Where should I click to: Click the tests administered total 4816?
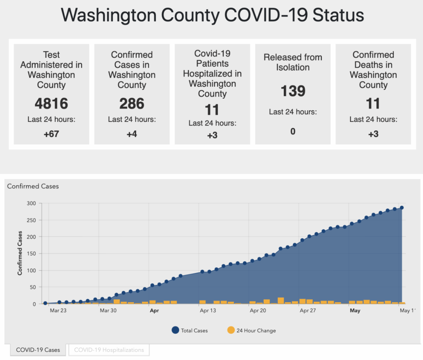click(x=51, y=104)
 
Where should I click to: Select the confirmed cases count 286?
click(x=132, y=104)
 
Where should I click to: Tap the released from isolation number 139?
click(x=293, y=91)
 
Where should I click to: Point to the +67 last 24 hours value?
click(x=51, y=134)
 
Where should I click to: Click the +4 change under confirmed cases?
click(x=132, y=134)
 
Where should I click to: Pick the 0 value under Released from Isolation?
click(x=293, y=131)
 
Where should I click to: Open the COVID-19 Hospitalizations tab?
click(x=109, y=350)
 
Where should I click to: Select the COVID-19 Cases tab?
click(x=38, y=350)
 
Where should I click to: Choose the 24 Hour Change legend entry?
click(x=252, y=330)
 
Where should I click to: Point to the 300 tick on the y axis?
click(x=31, y=203)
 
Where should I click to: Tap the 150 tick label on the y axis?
click(x=31, y=254)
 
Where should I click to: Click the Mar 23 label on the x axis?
click(x=58, y=310)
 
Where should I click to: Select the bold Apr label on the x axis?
click(x=154, y=310)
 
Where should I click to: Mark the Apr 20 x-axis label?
click(x=258, y=310)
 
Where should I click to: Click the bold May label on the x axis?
click(x=355, y=310)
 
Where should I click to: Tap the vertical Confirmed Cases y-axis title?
click(x=20, y=253)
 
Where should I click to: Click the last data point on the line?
click(x=401, y=208)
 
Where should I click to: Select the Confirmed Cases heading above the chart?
click(x=33, y=186)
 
